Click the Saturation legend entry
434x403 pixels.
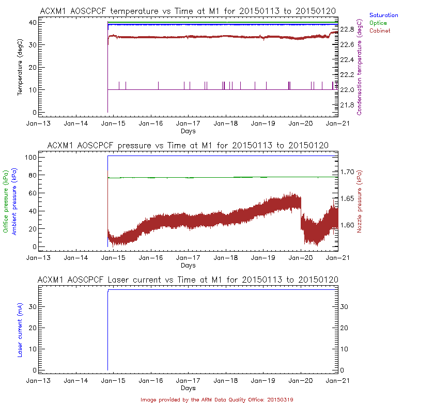tap(383, 16)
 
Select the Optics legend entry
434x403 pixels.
tap(379, 23)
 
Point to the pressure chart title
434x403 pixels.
tap(188, 145)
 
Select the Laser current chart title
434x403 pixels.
tap(188, 280)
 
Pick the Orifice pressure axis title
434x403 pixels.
tap(6, 202)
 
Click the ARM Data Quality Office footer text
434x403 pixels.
tap(216, 399)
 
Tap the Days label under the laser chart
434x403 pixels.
tap(188, 388)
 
